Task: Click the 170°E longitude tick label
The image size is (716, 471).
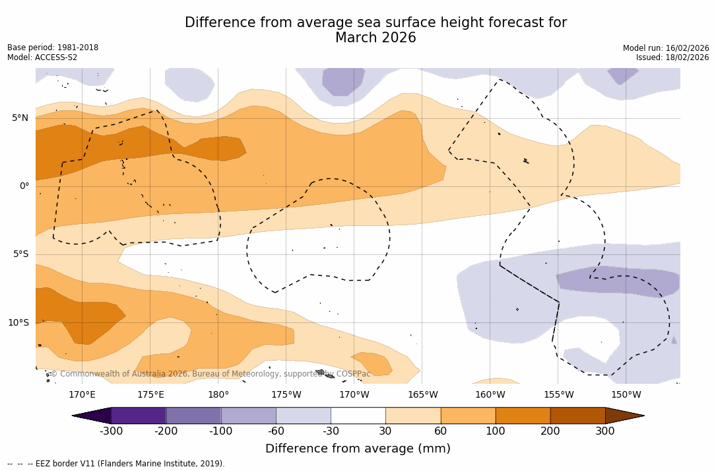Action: [82, 395]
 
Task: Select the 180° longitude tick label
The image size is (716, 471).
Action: [218, 395]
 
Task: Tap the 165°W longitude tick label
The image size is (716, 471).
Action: [422, 395]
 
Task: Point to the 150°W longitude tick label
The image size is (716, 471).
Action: [626, 395]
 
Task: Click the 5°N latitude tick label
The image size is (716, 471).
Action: [20, 118]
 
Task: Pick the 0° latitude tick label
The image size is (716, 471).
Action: [24, 186]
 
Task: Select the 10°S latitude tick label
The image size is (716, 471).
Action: [18, 323]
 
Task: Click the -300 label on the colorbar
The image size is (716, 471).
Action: [111, 431]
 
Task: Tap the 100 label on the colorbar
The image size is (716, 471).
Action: [496, 431]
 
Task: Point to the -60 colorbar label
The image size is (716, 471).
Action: [276, 431]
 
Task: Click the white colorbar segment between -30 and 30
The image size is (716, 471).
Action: [358, 416]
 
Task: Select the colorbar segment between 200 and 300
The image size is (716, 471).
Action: [577, 416]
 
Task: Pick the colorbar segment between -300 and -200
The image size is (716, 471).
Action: [139, 416]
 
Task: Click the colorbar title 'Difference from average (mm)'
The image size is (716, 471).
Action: [358, 449]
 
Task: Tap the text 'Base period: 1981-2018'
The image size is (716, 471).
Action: [53, 48]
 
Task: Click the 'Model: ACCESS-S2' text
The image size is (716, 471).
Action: [42, 57]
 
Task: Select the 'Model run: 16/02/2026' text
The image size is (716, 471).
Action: [666, 48]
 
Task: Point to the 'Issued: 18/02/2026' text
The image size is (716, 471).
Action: [672, 57]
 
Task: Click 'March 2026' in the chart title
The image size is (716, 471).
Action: [375, 38]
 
